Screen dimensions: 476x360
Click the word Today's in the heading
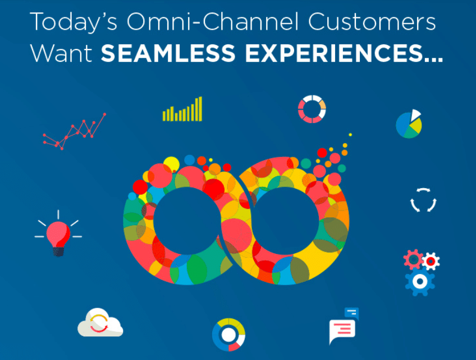coord(74,22)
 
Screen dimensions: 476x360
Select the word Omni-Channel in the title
coord(212,21)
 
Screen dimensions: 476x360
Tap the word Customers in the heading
coord(372,22)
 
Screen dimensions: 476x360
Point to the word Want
coord(61,53)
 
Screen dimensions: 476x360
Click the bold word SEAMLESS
coord(168,53)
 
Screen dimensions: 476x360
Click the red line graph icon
coord(74,131)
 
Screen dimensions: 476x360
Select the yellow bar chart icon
coord(182,109)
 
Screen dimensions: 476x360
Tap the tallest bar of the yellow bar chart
coord(200,109)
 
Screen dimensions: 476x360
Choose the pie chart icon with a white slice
coord(409,124)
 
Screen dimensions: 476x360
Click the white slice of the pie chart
coord(415,115)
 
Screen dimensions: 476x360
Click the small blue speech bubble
coord(352,313)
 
